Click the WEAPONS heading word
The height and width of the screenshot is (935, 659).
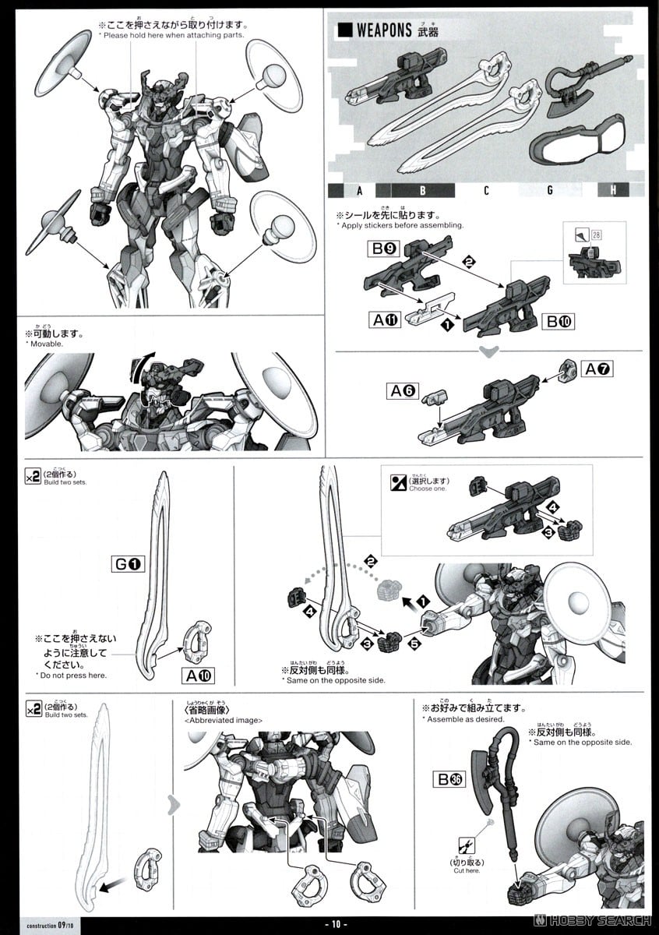383,30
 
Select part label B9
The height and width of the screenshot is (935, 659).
382,251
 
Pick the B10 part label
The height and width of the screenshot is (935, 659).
559,319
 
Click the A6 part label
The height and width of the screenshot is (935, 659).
404,391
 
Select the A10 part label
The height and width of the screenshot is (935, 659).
197,675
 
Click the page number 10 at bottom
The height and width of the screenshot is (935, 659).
336,924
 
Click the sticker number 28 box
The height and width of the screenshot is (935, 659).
597,235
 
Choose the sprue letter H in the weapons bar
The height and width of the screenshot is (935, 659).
613,189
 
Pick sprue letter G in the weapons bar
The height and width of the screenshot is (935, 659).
550,189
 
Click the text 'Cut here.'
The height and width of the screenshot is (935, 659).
467,870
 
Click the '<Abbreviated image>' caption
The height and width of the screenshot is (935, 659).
224,720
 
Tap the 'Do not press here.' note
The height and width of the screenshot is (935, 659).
71,675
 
